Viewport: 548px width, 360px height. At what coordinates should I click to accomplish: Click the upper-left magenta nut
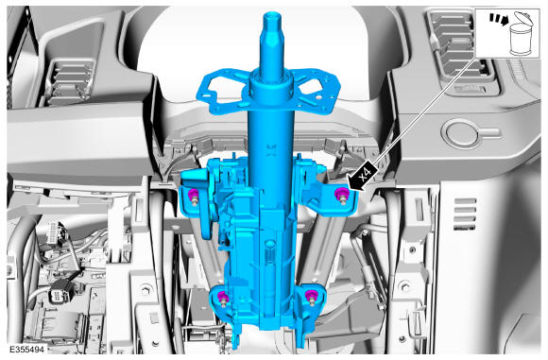coord(193,195)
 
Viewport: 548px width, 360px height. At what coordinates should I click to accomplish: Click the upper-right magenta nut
coord(341,193)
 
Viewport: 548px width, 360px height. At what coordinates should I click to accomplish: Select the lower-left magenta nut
coord(222,298)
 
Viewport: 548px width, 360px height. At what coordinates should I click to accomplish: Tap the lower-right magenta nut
coord(310,296)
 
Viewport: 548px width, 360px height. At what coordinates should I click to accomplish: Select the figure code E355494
coord(27,350)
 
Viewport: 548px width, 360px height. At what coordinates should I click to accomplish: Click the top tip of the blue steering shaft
coord(272,14)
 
